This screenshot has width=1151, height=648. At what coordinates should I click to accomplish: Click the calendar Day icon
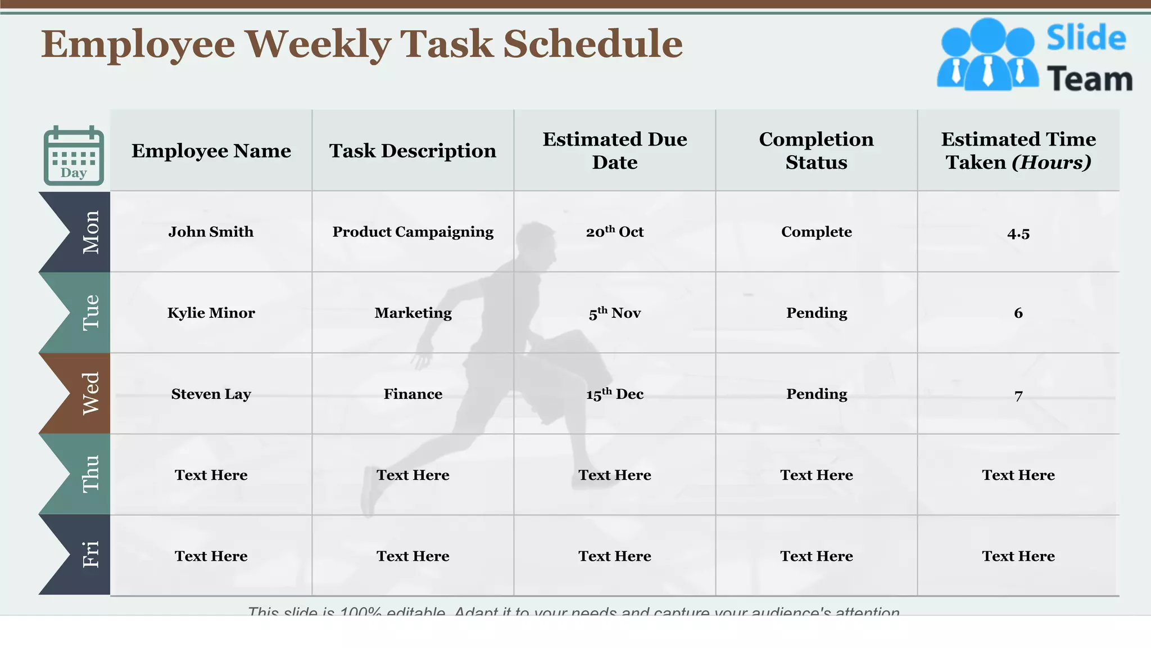pos(74,156)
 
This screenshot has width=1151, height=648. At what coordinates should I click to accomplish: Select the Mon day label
pos(90,232)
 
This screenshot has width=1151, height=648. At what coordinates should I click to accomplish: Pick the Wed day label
pos(90,394)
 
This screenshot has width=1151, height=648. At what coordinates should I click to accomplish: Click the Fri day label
pos(90,555)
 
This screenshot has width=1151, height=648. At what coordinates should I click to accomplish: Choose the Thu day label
pos(90,474)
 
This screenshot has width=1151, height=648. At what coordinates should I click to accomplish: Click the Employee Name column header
pos(211,151)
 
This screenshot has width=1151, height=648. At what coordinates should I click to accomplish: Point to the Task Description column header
pos(413,151)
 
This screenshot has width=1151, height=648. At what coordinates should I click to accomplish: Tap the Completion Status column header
pos(817,151)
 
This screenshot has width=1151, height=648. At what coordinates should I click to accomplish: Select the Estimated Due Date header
pos(615,151)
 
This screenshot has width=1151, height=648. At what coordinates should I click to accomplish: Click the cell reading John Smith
pos(211,232)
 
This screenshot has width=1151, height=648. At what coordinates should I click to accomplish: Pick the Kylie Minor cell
pos(211,313)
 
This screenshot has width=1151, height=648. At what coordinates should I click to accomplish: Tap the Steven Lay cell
pos(211,394)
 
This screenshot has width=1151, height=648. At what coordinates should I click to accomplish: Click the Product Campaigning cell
pos(413,232)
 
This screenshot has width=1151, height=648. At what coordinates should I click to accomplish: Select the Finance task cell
pos(413,394)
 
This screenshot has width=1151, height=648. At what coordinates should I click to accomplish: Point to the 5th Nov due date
pos(615,313)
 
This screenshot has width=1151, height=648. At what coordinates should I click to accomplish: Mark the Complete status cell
pos(817,232)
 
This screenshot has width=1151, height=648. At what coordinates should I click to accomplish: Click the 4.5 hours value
pos(1018,233)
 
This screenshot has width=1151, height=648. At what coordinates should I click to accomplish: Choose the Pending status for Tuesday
pos(817,313)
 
